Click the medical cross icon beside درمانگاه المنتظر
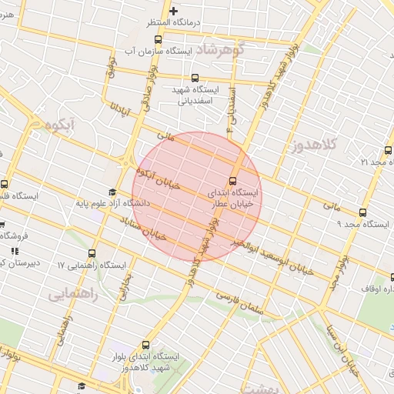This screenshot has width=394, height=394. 174,11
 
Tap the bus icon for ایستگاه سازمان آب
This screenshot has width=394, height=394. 158,39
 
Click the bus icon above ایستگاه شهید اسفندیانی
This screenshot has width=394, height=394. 194,77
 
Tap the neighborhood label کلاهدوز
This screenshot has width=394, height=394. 315,145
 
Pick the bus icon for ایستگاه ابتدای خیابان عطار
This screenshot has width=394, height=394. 233,182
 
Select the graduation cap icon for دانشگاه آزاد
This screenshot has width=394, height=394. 112,192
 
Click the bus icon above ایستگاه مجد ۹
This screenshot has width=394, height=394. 363,213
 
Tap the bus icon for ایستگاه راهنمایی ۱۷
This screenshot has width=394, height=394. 92,253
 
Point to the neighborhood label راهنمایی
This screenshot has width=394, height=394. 72,294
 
